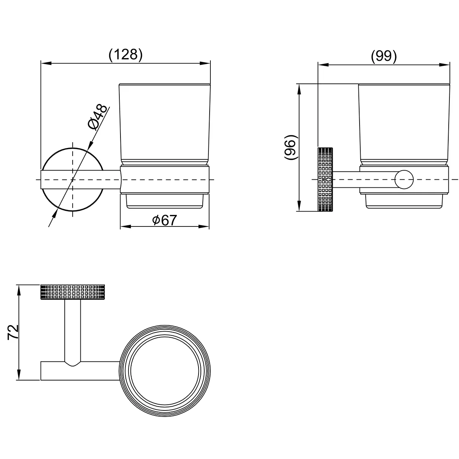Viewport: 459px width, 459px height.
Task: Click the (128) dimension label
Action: coord(125,55)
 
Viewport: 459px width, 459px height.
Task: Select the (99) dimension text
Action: coord(384,56)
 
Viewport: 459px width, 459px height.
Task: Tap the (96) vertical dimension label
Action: coord(291,147)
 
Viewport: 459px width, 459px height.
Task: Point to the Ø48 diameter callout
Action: coord(98,117)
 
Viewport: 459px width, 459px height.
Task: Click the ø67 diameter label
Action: coord(164,220)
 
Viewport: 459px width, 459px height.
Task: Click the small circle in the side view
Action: coord(404,180)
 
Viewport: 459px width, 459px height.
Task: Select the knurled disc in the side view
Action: coord(325,179)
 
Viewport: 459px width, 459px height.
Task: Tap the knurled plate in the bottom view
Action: coord(73,292)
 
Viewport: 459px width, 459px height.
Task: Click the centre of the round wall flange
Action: coord(73,179)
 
